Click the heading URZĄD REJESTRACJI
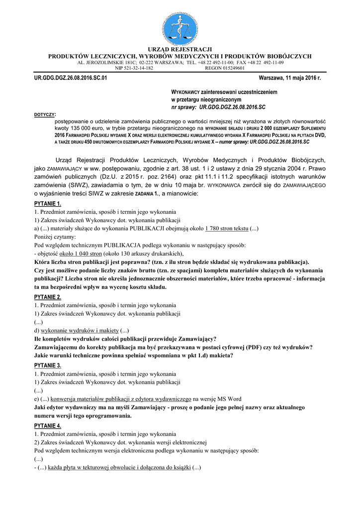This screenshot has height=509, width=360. [x=180, y=49]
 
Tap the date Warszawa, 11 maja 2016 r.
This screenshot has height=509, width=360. [x=290, y=79]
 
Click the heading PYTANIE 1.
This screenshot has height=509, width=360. [x=48, y=204]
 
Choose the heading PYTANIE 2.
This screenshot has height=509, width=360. [x=48, y=297]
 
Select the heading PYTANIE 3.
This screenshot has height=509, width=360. [x=48, y=366]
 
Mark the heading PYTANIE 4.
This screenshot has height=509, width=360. [x=48, y=426]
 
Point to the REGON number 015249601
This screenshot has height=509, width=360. [x=232, y=68]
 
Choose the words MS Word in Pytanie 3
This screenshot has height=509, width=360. [x=230, y=399]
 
